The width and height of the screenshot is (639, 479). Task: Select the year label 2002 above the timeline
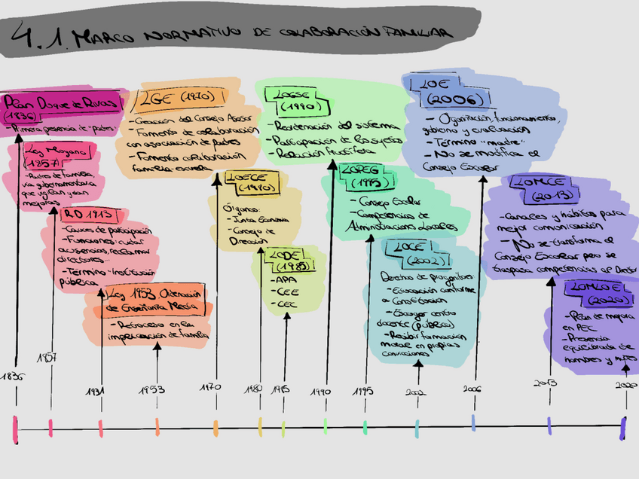(417, 392)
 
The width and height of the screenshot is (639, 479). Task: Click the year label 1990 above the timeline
(320, 392)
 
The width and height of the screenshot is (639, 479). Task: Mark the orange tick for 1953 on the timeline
(157, 427)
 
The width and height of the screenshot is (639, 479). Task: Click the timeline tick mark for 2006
(473, 423)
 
